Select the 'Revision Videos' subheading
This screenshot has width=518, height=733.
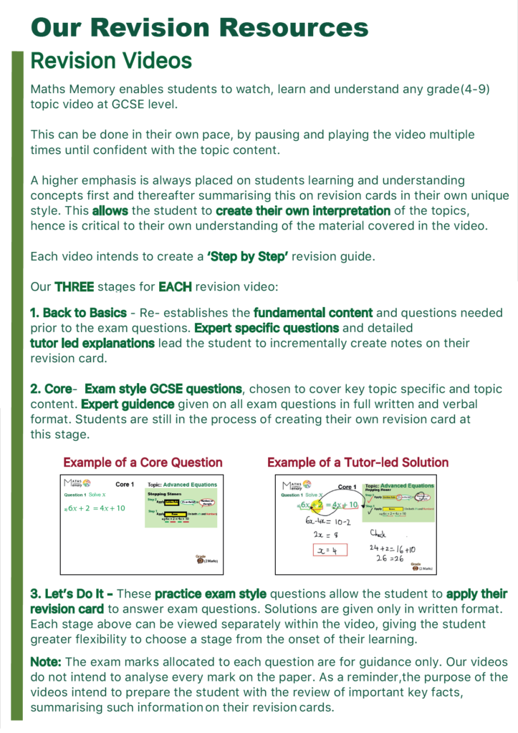(111, 61)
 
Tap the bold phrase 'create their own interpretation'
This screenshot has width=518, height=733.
(303, 211)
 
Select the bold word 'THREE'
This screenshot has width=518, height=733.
(74, 286)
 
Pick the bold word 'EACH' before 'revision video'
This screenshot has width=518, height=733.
(176, 286)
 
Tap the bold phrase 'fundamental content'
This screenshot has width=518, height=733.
(313, 313)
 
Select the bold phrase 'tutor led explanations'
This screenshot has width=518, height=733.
(92, 343)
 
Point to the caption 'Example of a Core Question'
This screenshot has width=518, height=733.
(143, 462)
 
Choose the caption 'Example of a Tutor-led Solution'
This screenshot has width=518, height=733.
(358, 462)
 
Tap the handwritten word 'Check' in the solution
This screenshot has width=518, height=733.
(379, 533)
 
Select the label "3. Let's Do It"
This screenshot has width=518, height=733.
(72, 594)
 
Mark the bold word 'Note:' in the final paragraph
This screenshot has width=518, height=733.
(47, 662)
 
